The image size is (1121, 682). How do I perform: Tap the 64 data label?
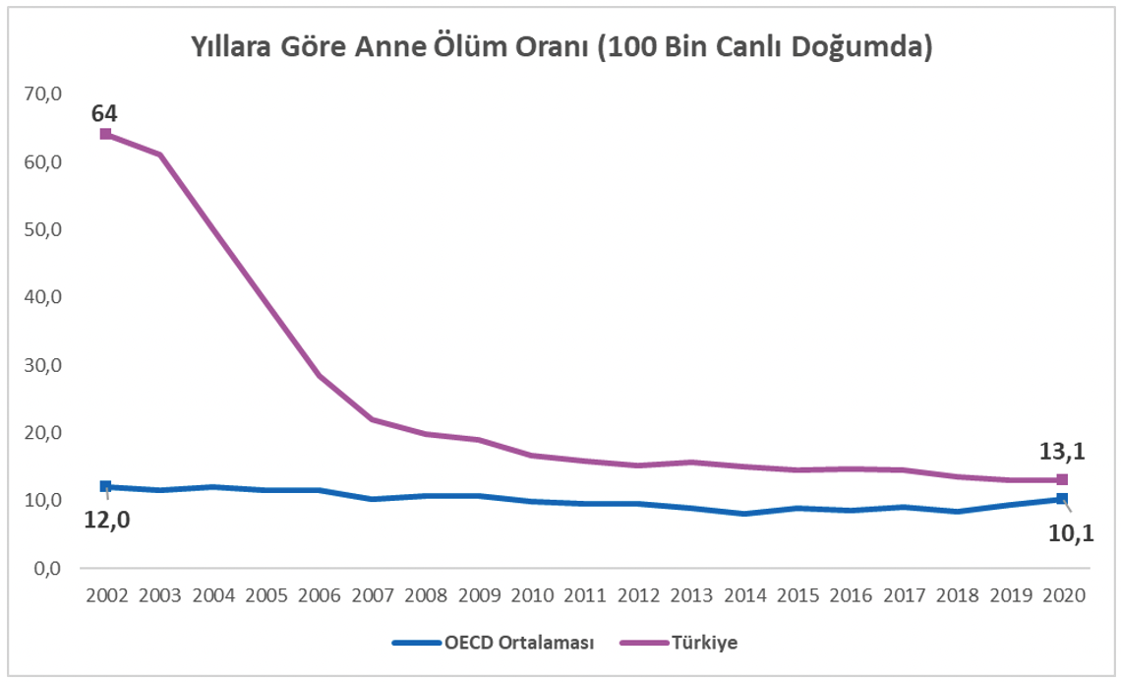[104, 113]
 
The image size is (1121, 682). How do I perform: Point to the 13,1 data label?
[1061, 453]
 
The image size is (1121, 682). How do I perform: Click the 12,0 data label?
[108, 519]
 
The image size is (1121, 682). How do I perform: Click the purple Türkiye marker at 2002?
[105, 134]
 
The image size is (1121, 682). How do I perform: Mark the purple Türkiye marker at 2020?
[1061, 479]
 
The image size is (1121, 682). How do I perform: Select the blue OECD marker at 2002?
[105, 486]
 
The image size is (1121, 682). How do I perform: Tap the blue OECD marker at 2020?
[1061, 499]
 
